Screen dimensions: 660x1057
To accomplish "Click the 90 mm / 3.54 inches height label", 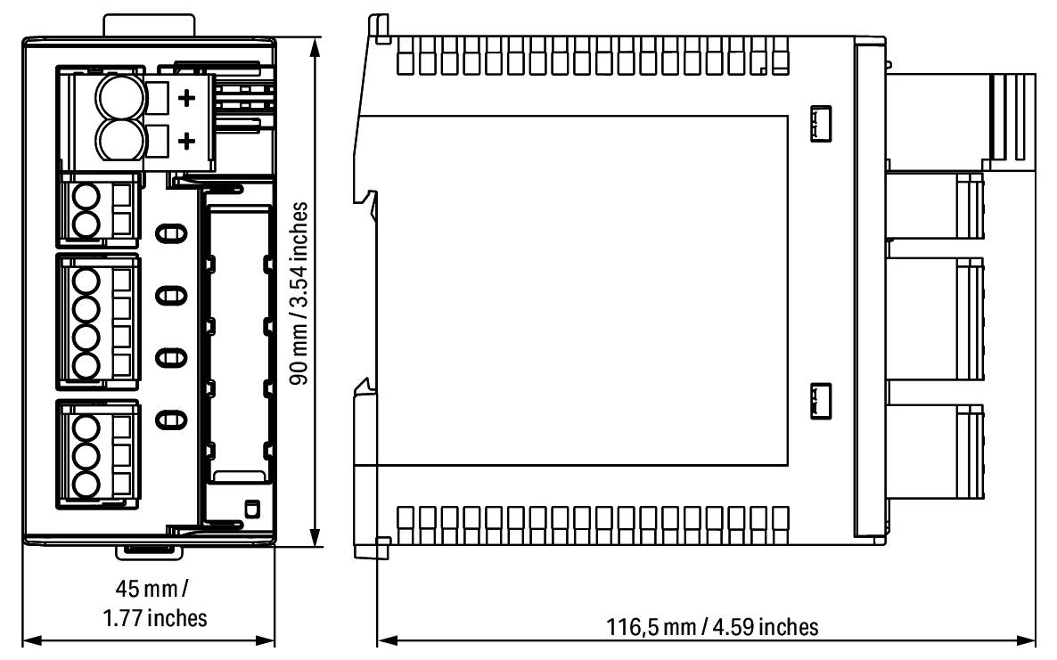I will tap(302, 292).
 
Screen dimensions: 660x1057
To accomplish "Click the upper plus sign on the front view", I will tap(188, 98).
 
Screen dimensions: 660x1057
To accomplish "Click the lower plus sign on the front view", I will tap(188, 141).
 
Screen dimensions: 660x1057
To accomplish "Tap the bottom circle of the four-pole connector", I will tap(86, 365).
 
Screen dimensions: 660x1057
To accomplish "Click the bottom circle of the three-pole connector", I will tap(86, 485).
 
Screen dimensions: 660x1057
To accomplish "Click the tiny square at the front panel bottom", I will tap(251, 509).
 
